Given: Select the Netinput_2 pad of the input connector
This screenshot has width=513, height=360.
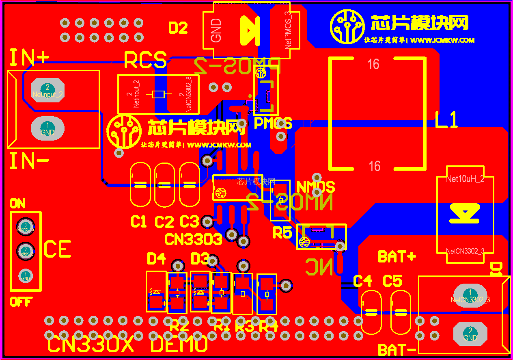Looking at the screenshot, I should click(x=47, y=91).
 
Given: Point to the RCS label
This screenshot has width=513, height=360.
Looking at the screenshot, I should click(x=145, y=61).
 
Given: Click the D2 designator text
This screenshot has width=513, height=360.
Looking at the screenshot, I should click(x=178, y=28).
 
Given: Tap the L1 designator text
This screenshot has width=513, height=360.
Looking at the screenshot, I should click(x=446, y=120).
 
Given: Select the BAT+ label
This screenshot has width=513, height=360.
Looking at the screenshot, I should click(x=397, y=257).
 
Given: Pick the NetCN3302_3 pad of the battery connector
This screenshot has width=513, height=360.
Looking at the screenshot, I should click(x=470, y=296).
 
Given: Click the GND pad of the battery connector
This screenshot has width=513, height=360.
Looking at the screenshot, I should click(x=470, y=334).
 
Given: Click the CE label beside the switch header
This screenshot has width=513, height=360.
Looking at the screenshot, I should click(x=57, y=249).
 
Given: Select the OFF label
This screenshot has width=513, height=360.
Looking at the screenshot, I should click(x=21, y=302).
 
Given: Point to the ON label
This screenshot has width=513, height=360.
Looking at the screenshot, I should click(x=17, y=204).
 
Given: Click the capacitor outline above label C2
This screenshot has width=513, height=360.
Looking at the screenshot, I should click(x=165, y=185).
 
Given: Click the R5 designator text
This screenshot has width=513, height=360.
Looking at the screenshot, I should click(x=282, y=233).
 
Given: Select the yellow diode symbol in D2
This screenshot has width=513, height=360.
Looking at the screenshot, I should click(x=250, y=30).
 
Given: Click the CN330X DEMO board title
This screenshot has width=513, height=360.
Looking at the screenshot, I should click(x=128, y=345).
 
